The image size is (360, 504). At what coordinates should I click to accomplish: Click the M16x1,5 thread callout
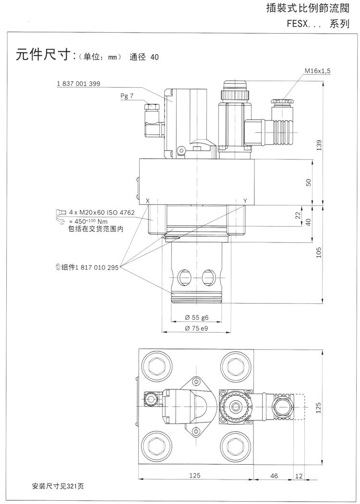[317, 71]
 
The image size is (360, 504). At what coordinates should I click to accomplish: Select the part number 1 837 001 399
[78, 84]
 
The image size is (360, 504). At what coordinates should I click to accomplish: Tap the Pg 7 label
[127, 96]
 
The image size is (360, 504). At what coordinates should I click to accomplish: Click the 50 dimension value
[309, 182]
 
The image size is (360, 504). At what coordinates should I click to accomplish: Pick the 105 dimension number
[318, 252]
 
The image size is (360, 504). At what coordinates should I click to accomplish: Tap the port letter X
[147, 200]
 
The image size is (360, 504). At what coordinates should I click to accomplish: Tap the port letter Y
[245, 200]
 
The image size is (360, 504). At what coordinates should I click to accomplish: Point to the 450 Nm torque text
[89, 221]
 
